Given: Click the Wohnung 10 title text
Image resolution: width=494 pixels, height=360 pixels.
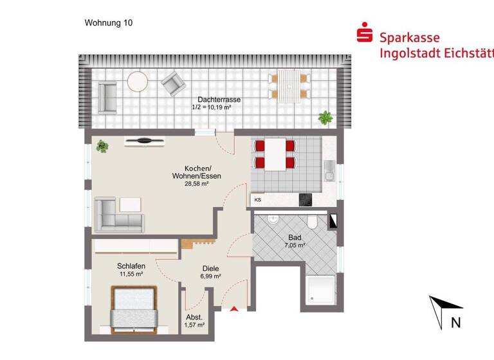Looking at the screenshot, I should pos(109,22).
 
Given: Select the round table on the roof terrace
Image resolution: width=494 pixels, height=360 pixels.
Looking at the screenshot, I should pos(138,82).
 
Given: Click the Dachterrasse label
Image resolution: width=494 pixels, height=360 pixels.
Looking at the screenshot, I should pos(219,100).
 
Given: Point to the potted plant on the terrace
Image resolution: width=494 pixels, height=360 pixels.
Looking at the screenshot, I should pos(325,118).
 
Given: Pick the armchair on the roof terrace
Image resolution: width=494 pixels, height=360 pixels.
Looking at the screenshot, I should pos(172,82).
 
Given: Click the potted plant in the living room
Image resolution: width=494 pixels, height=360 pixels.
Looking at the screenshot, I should pos(102,147).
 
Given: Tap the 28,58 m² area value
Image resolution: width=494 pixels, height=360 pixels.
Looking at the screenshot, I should pos(197,184).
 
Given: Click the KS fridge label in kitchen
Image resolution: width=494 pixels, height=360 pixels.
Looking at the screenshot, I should pos(258,200).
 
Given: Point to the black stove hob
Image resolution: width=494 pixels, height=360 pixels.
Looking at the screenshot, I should pos(305,200).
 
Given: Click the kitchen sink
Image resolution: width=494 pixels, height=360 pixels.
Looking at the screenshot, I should pos(329,170).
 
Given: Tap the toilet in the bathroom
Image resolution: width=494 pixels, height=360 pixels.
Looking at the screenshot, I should pos(312,222).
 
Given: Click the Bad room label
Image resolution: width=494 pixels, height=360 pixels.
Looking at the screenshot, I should pos(295,237).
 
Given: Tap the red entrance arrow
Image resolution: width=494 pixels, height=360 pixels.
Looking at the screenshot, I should pos(234,309).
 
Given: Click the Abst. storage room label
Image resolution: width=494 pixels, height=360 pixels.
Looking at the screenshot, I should pos(194,318).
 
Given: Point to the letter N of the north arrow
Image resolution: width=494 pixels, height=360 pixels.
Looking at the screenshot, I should pos(455,323).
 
